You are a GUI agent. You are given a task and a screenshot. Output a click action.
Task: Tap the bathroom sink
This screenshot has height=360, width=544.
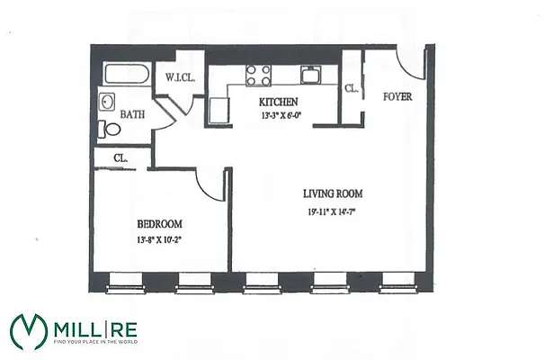click(106, 103)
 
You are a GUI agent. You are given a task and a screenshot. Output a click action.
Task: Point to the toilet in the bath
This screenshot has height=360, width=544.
click(111, 129)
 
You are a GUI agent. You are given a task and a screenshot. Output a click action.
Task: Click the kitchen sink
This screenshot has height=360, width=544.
click(310, 73)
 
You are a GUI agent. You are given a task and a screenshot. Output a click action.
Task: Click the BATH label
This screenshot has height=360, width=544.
click(132, 115)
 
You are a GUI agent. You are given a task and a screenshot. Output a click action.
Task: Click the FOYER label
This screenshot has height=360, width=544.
click(397, 96)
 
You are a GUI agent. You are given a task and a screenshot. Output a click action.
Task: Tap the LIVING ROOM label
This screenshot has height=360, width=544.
click(333, 193)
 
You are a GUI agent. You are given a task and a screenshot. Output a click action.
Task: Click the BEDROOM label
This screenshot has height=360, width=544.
click(160, 224)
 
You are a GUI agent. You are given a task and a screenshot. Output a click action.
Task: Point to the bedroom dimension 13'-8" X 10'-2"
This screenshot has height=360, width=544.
click(160, 240)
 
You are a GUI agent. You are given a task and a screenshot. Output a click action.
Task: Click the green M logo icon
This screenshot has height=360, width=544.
click(29, 330)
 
